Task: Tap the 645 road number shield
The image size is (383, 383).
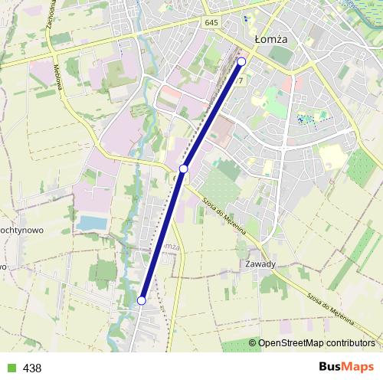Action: pyautogui.click(x=212, y=24)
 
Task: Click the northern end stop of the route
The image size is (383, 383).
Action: pyautogui.click(x=242, y=61)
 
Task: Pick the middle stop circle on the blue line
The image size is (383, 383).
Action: pyautogui.click(x=184, y=168)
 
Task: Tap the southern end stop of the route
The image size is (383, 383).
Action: pyautogui.click(x=142, y=300)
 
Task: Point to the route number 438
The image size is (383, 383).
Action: pyautogui.click(x=32, y=368)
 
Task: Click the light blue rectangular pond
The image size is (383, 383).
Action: pyautogui.click(x=93, y=222)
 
